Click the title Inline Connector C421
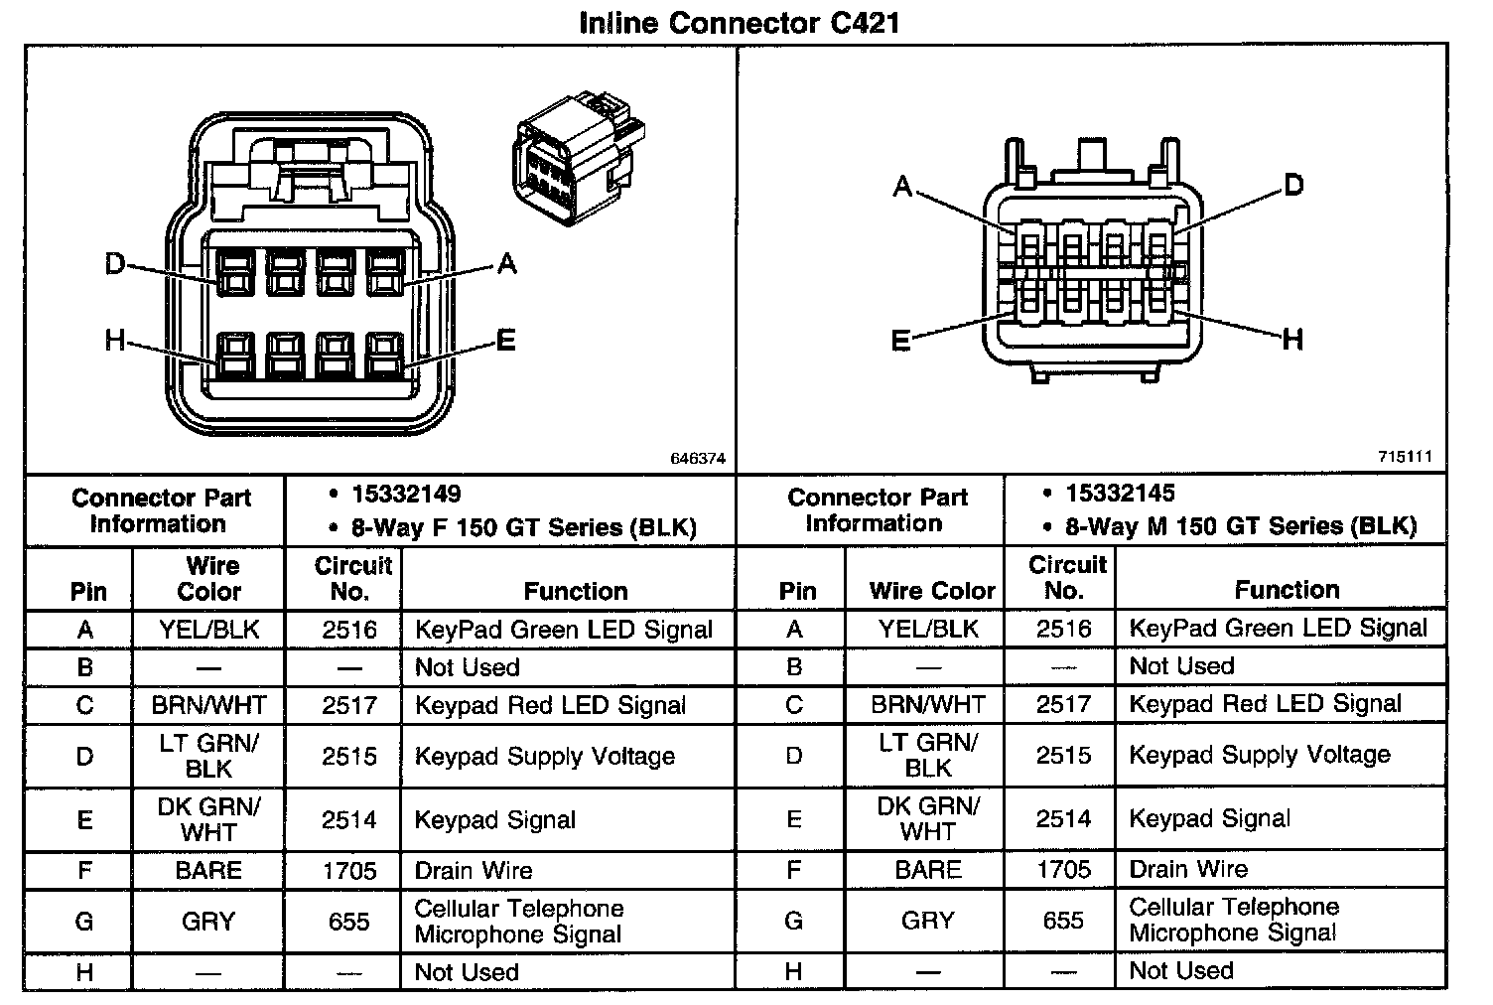pyautogui.click(x=739, y=23)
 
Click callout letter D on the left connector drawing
pyautogui.click(x=116, y=264)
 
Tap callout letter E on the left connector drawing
pyautogui.click(x=506, y=342)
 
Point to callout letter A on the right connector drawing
pyautogui.click(x=902, y=187)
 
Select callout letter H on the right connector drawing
pyautogui.click(x=1291, y=341)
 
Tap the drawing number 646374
pyautogui.click(x=698, y=459)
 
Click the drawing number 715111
pyautogui.click(x=1405, y=457)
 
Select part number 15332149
pyautogui.click(x=406, y=495)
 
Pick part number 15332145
pyautogui.click(x=1121, y=494)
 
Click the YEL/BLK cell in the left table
pyautogui.click(x=208, y=630)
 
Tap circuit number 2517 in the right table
pyautogui.click(x=1063, y=704)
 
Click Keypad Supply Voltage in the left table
pyautogui.click(x=545, y=756)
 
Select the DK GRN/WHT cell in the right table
pyautogui.click(x=928, y=818)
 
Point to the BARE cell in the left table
pyautogui.click(x=208, y=871)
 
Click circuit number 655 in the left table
pyautogui.click(x=349, y=921)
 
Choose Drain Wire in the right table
pyautogui.click(x=1188, y=870)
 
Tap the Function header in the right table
pyautogui.click(x=1287, y=590)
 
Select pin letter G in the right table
pyautogui.click(x=793, y=921)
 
